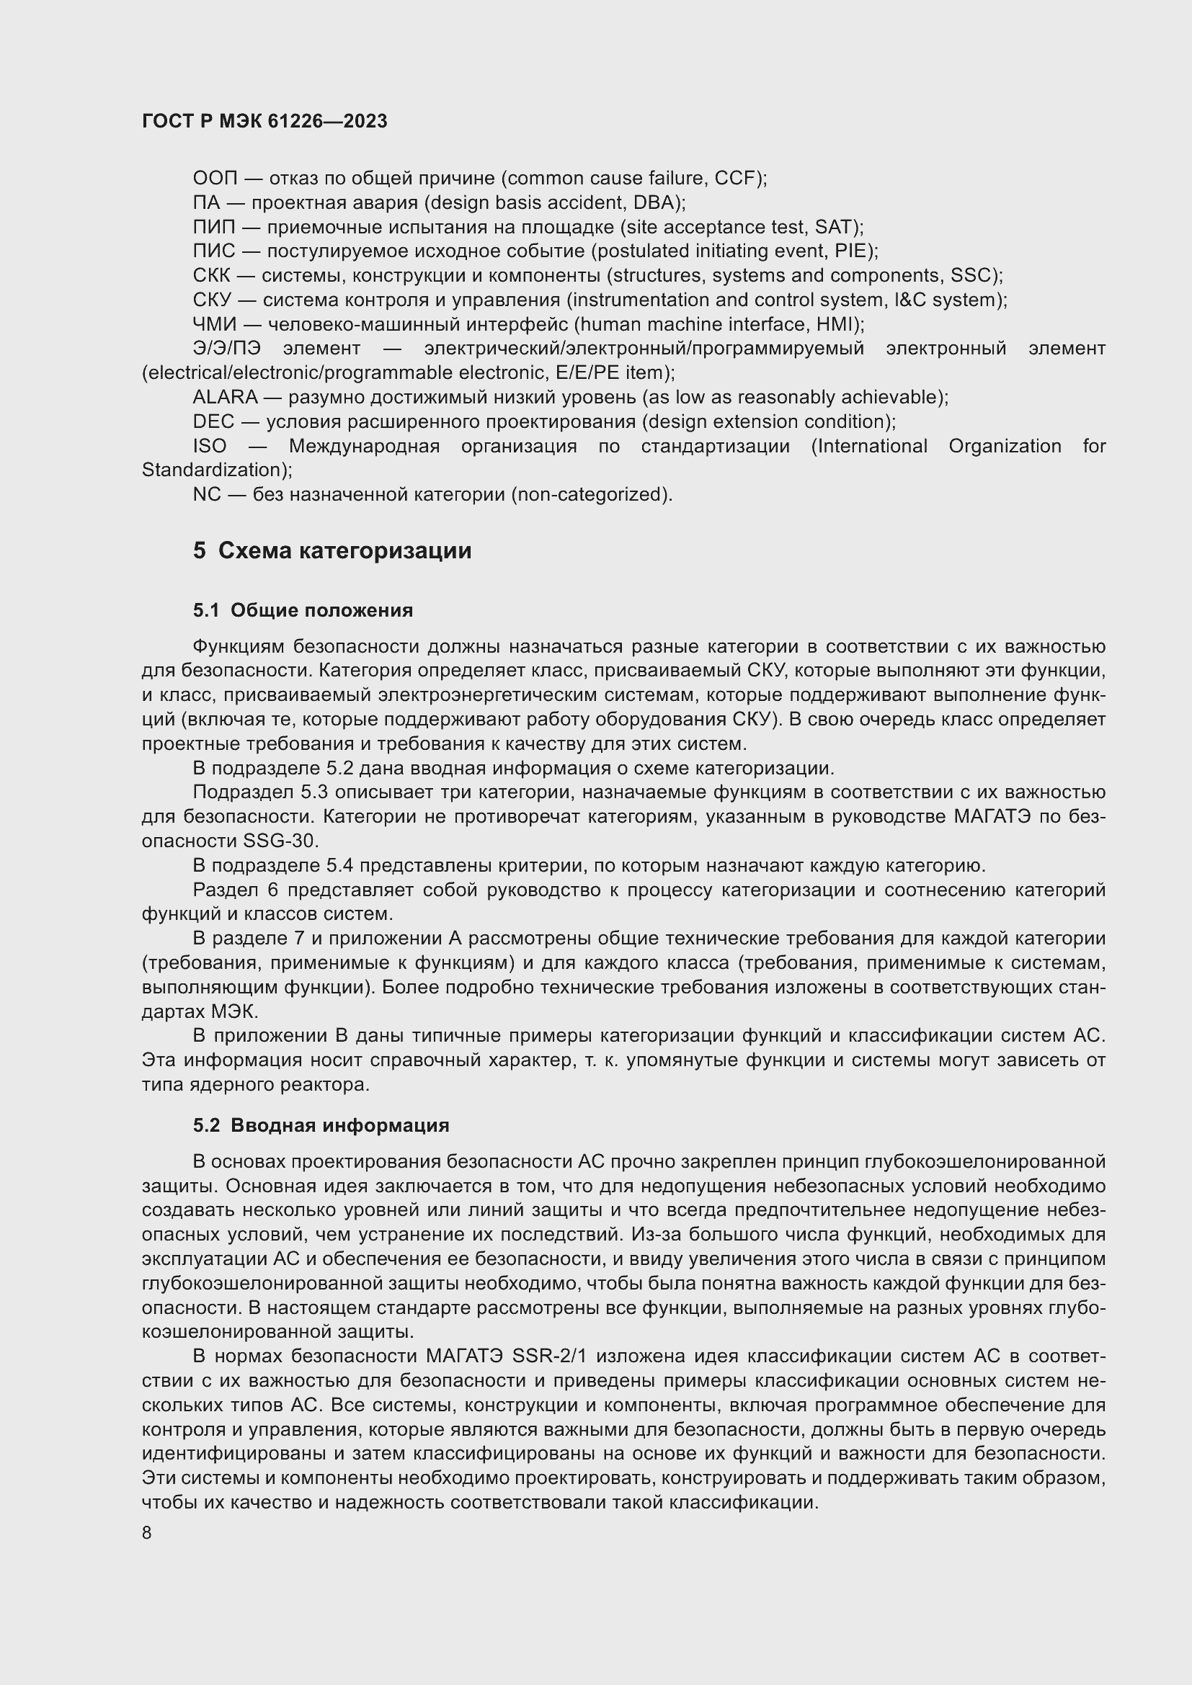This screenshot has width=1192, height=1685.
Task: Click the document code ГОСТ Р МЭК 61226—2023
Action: click(x=264, y=122)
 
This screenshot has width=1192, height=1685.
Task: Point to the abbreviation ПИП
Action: click(x=214, y=228)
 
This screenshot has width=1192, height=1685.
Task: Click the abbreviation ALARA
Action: click(x=226, y=398)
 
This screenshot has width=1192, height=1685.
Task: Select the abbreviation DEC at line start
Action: click(x=213, y=422)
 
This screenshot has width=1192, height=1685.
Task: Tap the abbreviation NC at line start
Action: click(x=206, y=495)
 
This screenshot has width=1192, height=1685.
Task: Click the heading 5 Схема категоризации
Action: click(x=332, y=550)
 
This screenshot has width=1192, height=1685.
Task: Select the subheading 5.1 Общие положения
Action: click(x=303, y=611)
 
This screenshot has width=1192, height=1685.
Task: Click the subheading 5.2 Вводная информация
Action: click(x=321, y=1126)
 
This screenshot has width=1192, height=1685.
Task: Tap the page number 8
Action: click(x=147, y=1534)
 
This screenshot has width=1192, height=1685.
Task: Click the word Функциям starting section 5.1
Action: click(x=239, y=646)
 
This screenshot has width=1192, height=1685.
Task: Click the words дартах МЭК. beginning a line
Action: click(x=200, y=1012)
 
